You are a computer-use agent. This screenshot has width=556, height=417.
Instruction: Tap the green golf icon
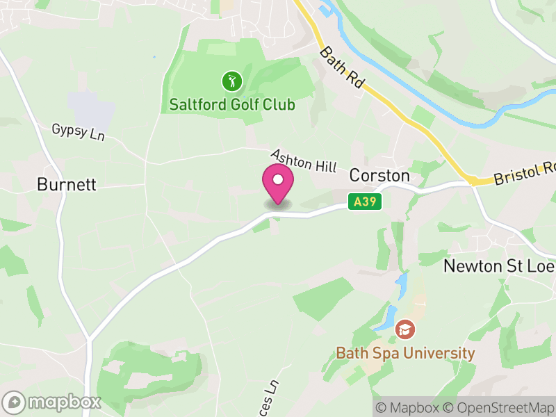tap(231, 82)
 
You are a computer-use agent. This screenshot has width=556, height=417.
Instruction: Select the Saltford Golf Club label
tap(232, 105)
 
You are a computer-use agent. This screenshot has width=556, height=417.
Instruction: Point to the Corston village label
tap(379, 176)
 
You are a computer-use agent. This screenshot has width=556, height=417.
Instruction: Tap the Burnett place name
tap(66, 185)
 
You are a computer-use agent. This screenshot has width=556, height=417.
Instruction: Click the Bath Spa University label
tap(405, 353)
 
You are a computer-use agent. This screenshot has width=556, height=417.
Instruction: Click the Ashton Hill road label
tap(303, 161)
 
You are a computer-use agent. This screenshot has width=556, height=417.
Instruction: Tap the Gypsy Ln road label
tap(78, 132)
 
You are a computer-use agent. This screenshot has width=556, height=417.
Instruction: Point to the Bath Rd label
tap(342, 67)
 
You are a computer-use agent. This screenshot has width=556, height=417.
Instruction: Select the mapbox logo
tap(53, 402)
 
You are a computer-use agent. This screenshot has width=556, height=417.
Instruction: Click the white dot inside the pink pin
tap(278, 180)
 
